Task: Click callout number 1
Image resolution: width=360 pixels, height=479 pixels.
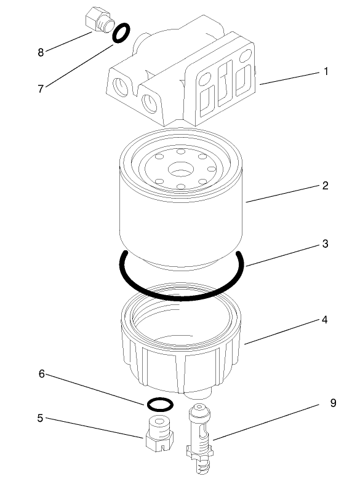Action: [x=326, y=71]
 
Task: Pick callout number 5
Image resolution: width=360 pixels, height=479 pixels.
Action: [x=41, y=418]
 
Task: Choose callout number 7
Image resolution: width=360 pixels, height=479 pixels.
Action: [x=41, y=89]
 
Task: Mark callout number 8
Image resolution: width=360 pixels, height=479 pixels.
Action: [x=41, y=52]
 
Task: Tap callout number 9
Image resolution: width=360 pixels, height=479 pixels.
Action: [x=333, y=403]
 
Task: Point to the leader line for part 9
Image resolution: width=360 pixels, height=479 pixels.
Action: [x=271, y=421]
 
